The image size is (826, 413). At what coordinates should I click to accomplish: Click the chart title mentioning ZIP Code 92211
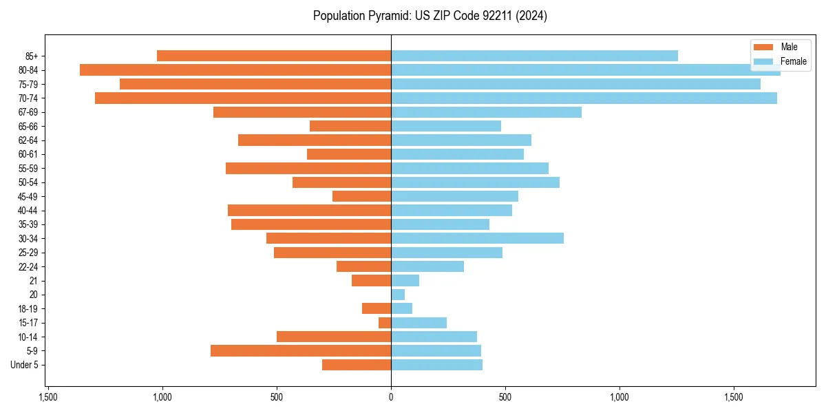pyautogui.click(x=430, y=16)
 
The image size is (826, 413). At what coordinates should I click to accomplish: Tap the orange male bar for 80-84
pyautogui.click(x=235, y=70)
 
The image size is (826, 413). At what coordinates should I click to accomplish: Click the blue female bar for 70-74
pyautogui.click(x=584, y=98)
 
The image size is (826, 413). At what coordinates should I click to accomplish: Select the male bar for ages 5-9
pyautogui.click(x=301, y=351)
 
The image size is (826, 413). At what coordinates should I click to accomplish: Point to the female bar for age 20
pyautogui.click(x=398, y=295)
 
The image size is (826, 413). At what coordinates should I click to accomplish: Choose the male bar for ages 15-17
pyautogui.click(x=385, y=323)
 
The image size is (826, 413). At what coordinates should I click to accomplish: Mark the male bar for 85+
pyautogui.click(x=274, y=56)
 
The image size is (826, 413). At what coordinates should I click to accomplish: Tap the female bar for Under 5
pyautogui.click(x=436, y=365)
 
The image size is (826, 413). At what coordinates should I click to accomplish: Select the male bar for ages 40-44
pyautogui.click(x=309, y=210)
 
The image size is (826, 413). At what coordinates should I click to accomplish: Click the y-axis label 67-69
pyautogui.click(x=28, y=112)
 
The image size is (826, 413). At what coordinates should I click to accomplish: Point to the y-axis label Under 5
pyautogui.click(x=25, y=365)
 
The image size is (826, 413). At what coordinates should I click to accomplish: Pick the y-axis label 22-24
pyautogui.click(x=28, y=266)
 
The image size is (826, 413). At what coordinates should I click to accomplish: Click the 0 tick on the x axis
pyautogui.click(x=391, y=397)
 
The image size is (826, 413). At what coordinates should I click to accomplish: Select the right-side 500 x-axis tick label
pyautogui.click(x=505, y=397)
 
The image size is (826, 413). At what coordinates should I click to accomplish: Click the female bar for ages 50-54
pyautogui.click(x=475, y=182)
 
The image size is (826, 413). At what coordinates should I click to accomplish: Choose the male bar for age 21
pyautogui.click(x=371, y=281)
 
